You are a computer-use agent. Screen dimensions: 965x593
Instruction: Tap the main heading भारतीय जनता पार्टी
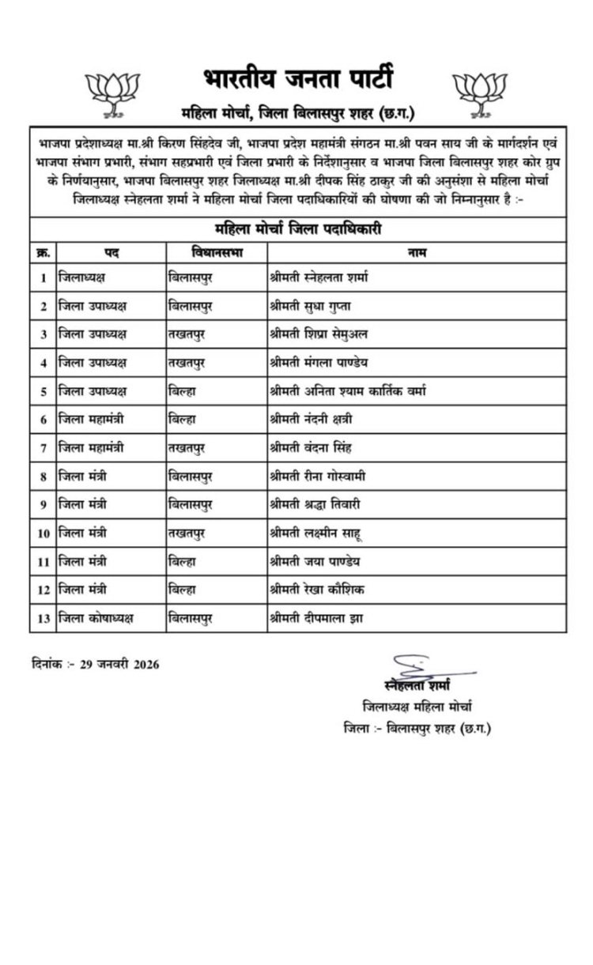[x=296, y=79]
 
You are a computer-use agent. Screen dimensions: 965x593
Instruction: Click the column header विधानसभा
[x=217, y=252]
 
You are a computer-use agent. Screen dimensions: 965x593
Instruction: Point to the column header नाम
[x=417, y=252]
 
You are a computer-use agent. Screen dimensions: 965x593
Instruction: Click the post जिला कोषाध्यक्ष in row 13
[x=96, y=618]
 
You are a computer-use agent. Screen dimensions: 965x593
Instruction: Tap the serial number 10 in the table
[x=43, y=532]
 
